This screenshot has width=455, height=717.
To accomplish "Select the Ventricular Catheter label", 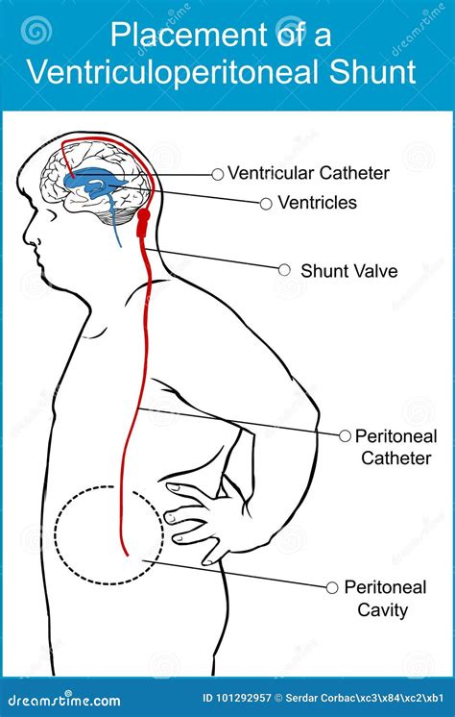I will (x=308, y=174).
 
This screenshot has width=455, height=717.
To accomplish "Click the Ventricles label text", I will (x=317, y=203).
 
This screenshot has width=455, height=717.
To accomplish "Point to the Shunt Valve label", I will (x=348, y=271).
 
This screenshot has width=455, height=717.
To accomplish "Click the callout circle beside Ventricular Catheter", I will (x=218, y=174).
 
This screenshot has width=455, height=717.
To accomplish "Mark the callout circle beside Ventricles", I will (x=266, y=203).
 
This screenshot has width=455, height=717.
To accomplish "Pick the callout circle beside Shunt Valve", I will (x=284, y=270).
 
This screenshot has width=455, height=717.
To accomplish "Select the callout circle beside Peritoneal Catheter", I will (x=346, y=435).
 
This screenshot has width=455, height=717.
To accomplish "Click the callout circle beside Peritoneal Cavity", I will (x=332, y=586).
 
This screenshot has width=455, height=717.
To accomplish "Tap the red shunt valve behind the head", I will (x=145, y=224).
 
